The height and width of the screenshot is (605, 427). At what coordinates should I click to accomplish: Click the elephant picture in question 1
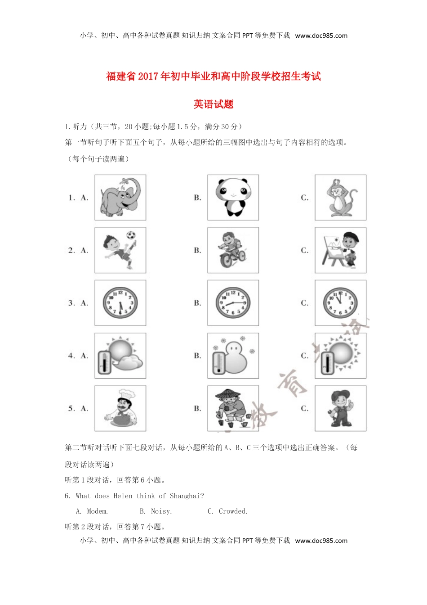(120, 197)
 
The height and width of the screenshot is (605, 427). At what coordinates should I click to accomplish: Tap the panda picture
(233, 197)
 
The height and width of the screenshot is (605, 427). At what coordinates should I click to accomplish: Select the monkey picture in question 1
(340, 197)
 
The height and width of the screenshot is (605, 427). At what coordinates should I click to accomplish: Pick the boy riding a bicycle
(232, 250)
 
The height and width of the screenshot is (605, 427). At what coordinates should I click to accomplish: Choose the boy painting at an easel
(340, 250)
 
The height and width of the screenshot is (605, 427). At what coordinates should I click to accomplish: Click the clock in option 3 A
(120, 303)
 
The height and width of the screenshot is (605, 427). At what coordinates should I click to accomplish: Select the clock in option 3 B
(233, 303)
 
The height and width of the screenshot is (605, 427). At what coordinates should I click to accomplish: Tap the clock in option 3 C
(340, 303)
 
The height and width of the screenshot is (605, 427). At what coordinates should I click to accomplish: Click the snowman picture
(233, 356)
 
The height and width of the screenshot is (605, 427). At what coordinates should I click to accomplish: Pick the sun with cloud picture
(120, 356)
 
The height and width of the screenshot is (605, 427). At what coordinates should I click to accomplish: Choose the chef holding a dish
(120, 408)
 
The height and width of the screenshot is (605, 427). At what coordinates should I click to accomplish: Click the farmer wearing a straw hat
(233, 408)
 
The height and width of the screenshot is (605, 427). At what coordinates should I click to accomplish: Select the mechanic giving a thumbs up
(340, 408)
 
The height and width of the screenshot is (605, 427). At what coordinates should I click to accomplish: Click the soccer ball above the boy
(131, 235)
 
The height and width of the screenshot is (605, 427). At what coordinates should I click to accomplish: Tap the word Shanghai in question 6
(187, 496)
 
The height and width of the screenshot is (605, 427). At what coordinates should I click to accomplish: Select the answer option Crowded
(233, 511)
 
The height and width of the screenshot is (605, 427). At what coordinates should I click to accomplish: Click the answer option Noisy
(161, 511)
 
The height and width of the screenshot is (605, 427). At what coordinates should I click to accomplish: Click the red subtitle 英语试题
(213, 104)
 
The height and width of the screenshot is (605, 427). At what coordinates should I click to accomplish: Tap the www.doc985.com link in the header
(321, 36)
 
